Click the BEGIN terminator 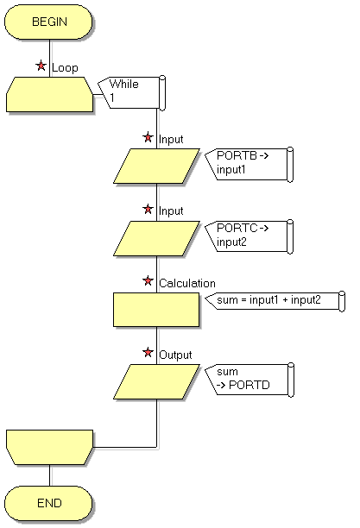point(48,22)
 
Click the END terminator point(48,503)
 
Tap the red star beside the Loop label point(41,66)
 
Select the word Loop point(65,67)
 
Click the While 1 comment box point(131,92)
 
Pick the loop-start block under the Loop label point(49,94)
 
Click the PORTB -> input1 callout point(249,164)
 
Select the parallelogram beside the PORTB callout point(156,166)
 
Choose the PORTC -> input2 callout point(249,236)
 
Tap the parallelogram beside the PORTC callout point(156,238)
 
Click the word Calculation point(187,283)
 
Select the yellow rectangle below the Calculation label point(156,310)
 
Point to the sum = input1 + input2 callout point(275,300)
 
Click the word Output point(175,355)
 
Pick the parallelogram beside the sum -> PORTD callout point(156,381)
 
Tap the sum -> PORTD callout point(249,380)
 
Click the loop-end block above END point(49,447)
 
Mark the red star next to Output point(148,353)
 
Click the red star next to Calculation point(148,280)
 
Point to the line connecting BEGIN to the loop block point(49,59)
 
